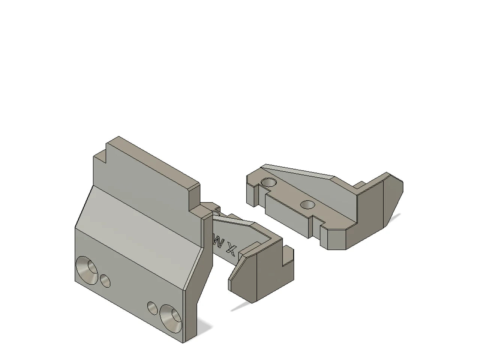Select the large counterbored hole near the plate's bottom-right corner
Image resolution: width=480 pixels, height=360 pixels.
[171, 318]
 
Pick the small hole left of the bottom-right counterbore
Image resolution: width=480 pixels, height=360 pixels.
[153, 308]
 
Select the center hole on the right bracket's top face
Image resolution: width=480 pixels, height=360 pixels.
[308, 205]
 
